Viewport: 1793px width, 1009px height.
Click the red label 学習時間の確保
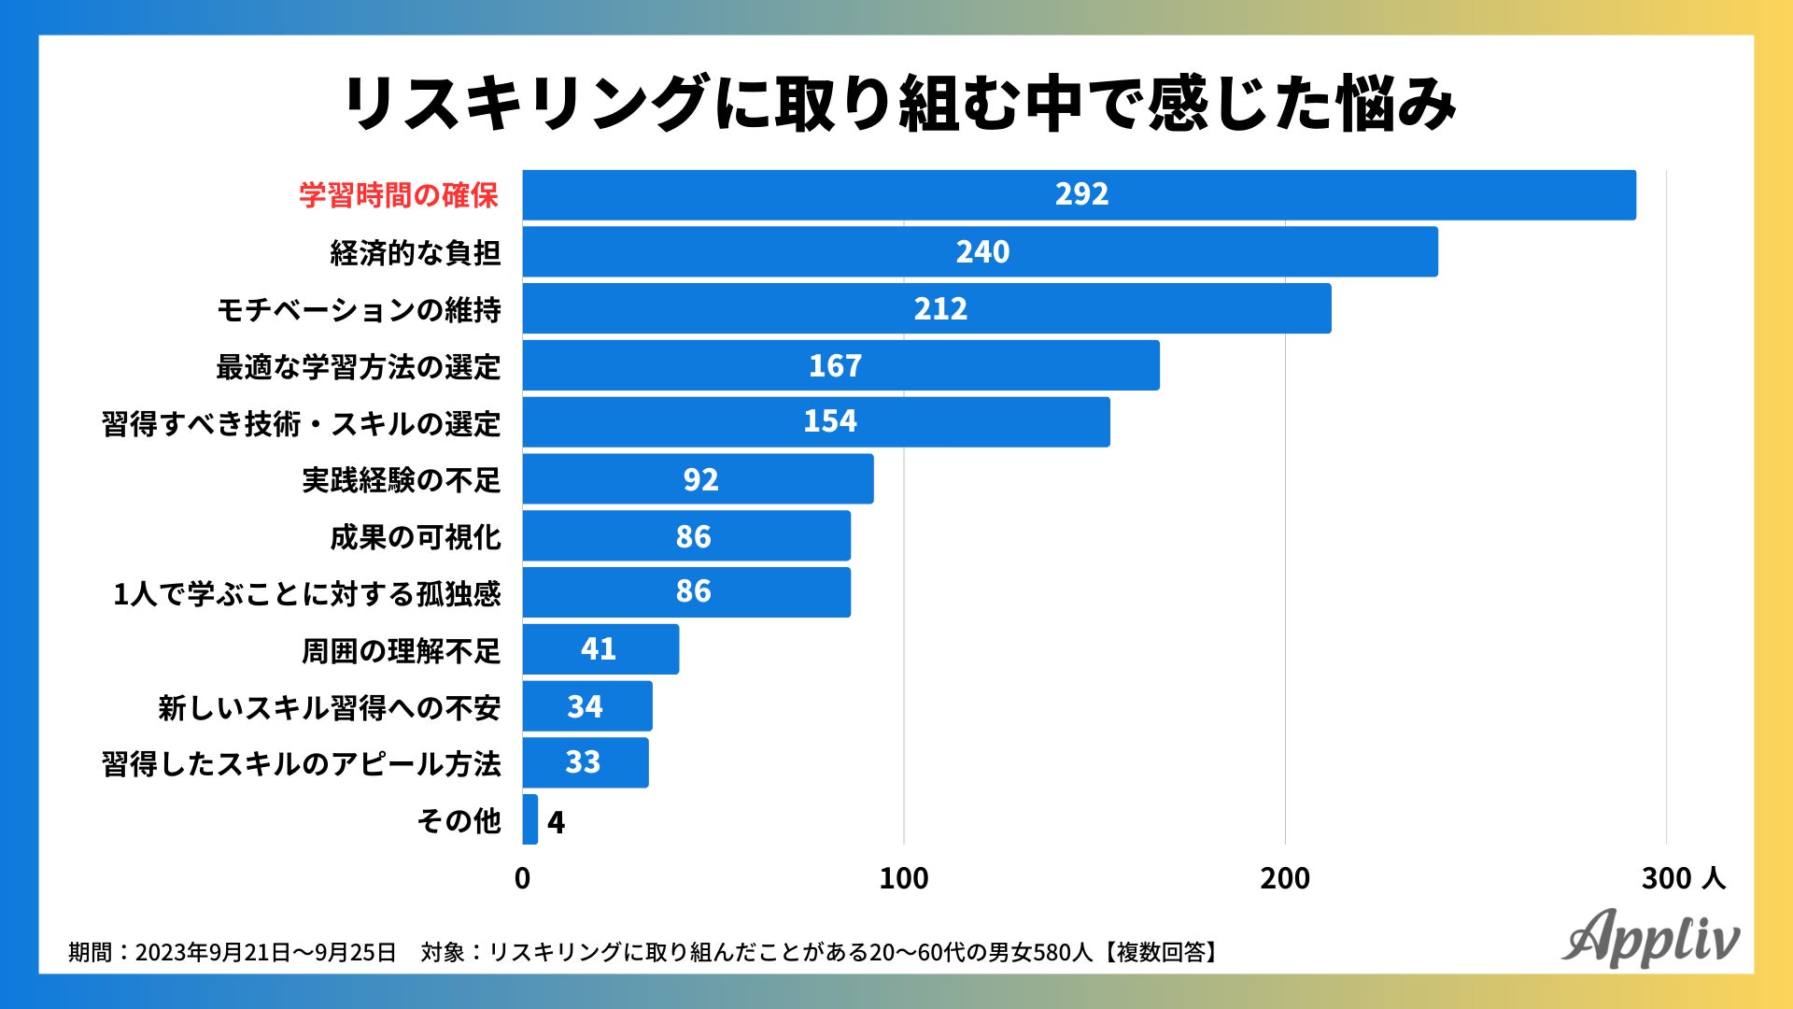tap(399, 195)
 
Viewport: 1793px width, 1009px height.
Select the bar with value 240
tap(980, 251)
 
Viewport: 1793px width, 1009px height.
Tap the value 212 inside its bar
tap(940, 309)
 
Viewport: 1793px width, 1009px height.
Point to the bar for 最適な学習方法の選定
tap(840, 365)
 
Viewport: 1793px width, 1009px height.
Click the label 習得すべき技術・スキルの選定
tap(301, 423)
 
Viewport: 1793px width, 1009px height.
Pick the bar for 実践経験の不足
tap(698, 479)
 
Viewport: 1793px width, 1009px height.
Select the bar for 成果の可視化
tap(686, 536)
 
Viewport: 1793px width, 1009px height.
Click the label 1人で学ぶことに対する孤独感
tap(306, 594)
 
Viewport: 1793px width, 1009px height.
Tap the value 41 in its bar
tap(599, 649)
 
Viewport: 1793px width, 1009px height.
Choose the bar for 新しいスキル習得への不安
tap(587, 706)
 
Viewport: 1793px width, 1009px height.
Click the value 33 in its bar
tap(583, 762)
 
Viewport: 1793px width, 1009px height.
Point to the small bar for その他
tap(530, 819)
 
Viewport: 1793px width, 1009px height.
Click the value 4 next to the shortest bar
tap(556, 822)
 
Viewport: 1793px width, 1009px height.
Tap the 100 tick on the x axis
tap(903, 878)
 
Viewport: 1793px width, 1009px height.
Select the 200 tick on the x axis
tap(1284, 878)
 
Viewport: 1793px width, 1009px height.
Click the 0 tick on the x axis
tap(522, 878)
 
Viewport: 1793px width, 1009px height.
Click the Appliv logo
tap(1650, 937)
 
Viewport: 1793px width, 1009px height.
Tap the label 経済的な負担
tap(416, 252)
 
